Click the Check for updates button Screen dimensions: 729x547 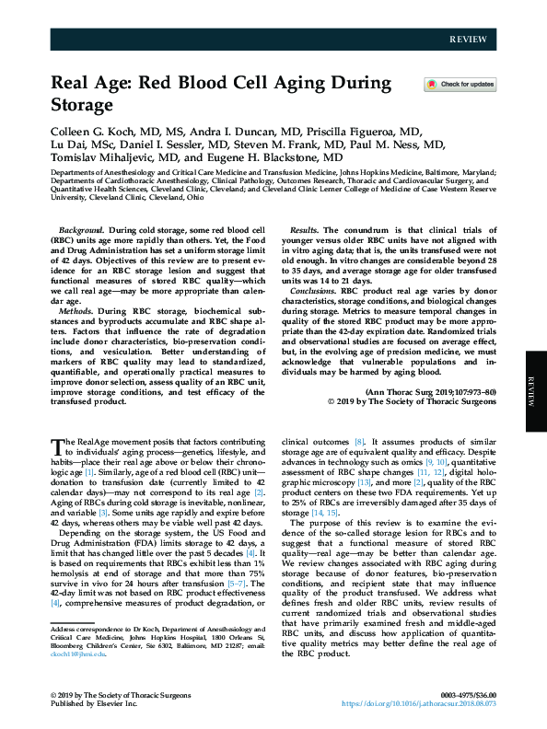click(x=460, y=85)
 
